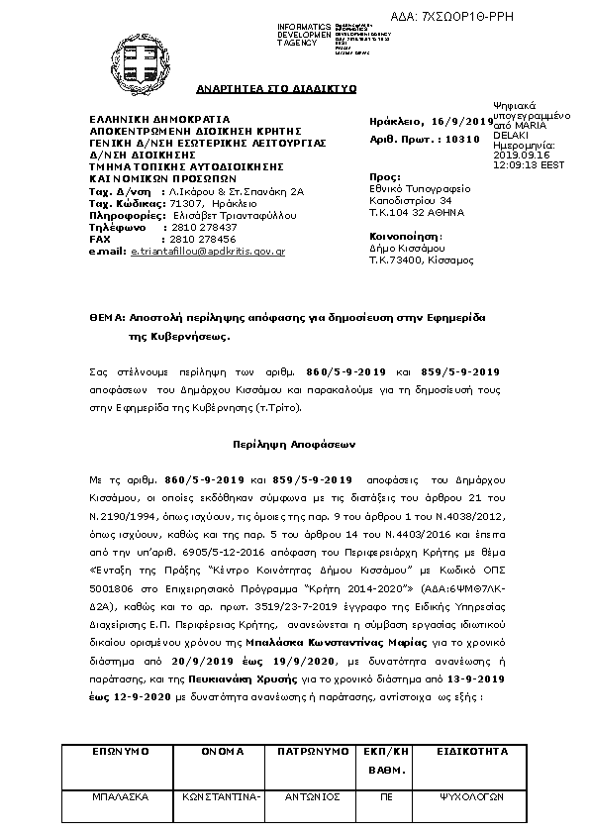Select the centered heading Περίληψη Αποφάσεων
[x=293, y=446]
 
